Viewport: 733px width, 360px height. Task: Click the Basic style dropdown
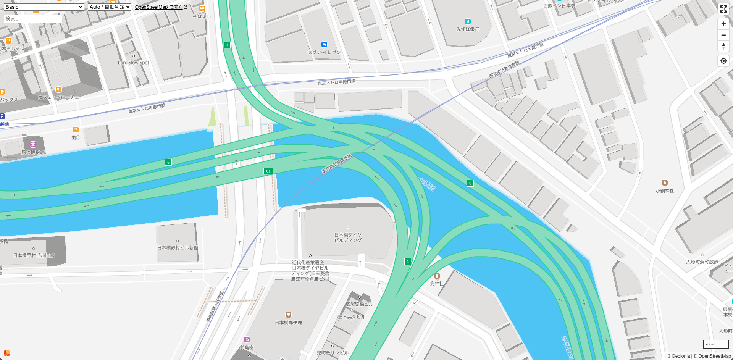point(44,7)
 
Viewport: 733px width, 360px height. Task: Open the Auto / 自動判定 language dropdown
point(110,7)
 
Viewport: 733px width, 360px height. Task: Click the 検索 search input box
point(33,19)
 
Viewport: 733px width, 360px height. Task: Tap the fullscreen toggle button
point(723,9)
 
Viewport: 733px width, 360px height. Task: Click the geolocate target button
point(723,61)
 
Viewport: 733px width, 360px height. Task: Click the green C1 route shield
point(268,171)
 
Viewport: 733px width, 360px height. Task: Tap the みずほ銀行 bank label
point(468,29)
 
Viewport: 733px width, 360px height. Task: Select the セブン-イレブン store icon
point(324,45)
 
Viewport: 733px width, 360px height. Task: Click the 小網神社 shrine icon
point(665,183)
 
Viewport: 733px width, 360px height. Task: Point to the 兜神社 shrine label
point(437,284)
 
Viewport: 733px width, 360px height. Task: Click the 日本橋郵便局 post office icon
point(289,315)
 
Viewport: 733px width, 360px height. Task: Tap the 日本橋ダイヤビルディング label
point(348,237)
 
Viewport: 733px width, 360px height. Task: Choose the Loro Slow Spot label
point(134,63)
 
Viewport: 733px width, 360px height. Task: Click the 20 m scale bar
point(715,344)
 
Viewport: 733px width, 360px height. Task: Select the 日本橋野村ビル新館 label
point(178,248)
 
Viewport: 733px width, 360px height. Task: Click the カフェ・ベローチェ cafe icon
point(58,90)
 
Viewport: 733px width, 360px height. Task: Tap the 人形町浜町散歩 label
point(702,262)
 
